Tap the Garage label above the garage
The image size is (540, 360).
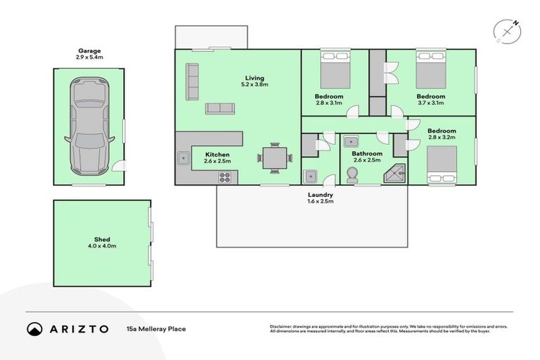tap(89, 51)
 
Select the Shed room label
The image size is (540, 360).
tap(102, 240)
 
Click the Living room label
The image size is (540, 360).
tap(255, 78)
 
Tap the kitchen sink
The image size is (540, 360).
tap(183, 158)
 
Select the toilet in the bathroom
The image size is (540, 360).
tap(352, 176)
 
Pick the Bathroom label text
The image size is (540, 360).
tap(366, 154)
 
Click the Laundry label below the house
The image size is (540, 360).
tap(320, 195)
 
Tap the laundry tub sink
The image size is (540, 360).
tap(311, 175)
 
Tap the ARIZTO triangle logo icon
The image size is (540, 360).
tap(34, 328)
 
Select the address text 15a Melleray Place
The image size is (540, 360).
tap(156, 328)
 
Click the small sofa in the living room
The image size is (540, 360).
tap(220, 108)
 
